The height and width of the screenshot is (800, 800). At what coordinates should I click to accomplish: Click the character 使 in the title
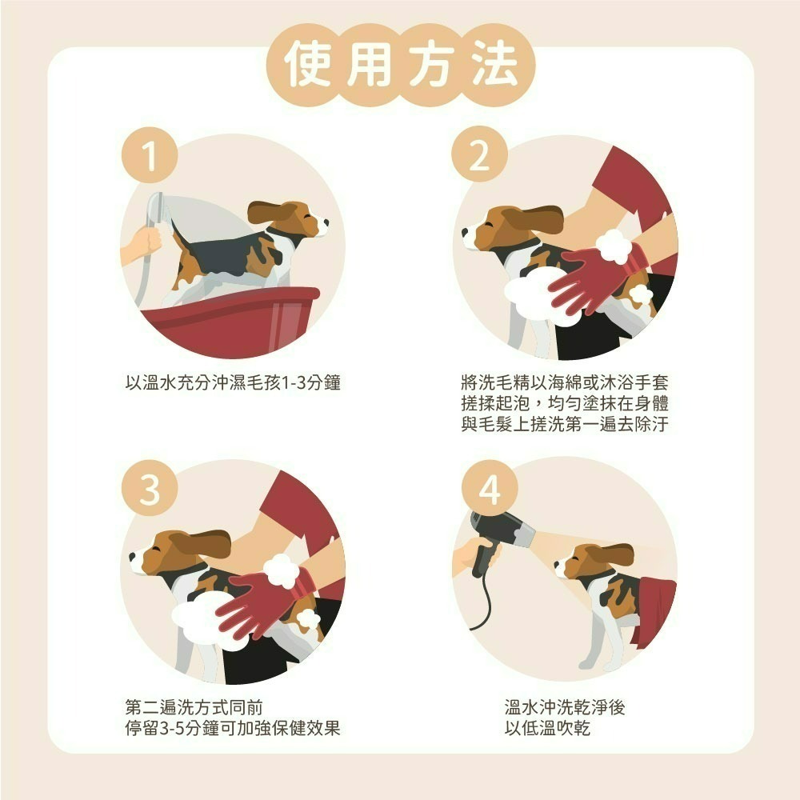click(308, 65)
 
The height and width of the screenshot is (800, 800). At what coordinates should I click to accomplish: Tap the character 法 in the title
click(491, 65)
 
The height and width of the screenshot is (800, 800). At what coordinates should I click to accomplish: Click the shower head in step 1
click(157, 207)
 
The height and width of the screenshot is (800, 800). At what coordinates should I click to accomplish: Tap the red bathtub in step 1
click(232, 320)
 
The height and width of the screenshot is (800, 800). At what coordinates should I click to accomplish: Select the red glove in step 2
click(600, 276)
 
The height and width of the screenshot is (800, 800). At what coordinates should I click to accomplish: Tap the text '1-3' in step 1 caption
click(287, 382)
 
